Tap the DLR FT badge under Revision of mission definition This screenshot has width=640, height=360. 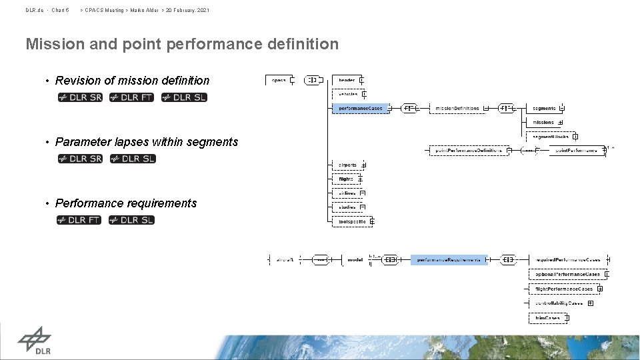[132, 97]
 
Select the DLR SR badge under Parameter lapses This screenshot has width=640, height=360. [80, 159]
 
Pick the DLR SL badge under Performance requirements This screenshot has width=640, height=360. [132, 220]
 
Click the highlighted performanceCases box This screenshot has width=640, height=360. [361, 108]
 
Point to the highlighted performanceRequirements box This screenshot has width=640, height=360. [449, 259]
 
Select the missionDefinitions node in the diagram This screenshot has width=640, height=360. [457, 108]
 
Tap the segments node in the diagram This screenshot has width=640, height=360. [544, 108]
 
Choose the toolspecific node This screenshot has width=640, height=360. [352, 221]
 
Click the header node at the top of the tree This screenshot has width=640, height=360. [347, 80]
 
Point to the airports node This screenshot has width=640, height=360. [347, 165]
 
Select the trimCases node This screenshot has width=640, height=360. [548, 319]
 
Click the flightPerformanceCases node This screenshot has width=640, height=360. [563, 289]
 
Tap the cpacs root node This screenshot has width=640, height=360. [279, 80]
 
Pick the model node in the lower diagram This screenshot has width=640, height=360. [355, 259]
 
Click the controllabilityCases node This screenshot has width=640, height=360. [559, 303]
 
